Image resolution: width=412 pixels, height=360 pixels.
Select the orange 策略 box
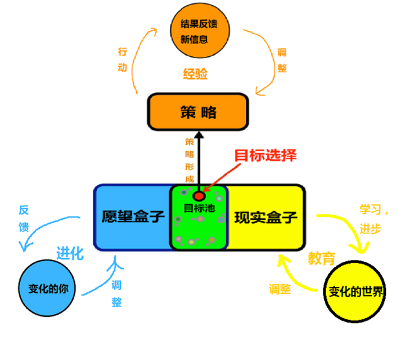(198, 112)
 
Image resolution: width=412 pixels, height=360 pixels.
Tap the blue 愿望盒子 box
(133, 217)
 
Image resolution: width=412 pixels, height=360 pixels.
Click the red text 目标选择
(265, 156)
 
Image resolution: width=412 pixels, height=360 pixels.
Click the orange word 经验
(195, 74)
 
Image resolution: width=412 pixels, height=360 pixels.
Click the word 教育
(321, 259)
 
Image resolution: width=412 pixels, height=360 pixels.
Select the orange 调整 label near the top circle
(282, 59)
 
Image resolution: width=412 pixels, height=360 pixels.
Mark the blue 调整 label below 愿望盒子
(117, 293)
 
